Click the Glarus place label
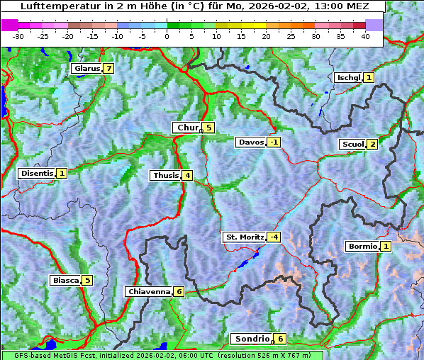86,69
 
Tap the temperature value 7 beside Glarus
108,69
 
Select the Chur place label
187,128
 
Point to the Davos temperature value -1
274,142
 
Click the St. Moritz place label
244,237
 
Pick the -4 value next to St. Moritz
273,237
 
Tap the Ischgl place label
348,77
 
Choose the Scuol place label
352,144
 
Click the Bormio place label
362,247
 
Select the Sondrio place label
252,339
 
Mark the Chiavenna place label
148,291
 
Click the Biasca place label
65,280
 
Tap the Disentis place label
36,173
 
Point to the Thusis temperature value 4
186,175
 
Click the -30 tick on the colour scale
18,35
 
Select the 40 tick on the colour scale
365,35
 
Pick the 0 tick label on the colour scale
167,35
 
